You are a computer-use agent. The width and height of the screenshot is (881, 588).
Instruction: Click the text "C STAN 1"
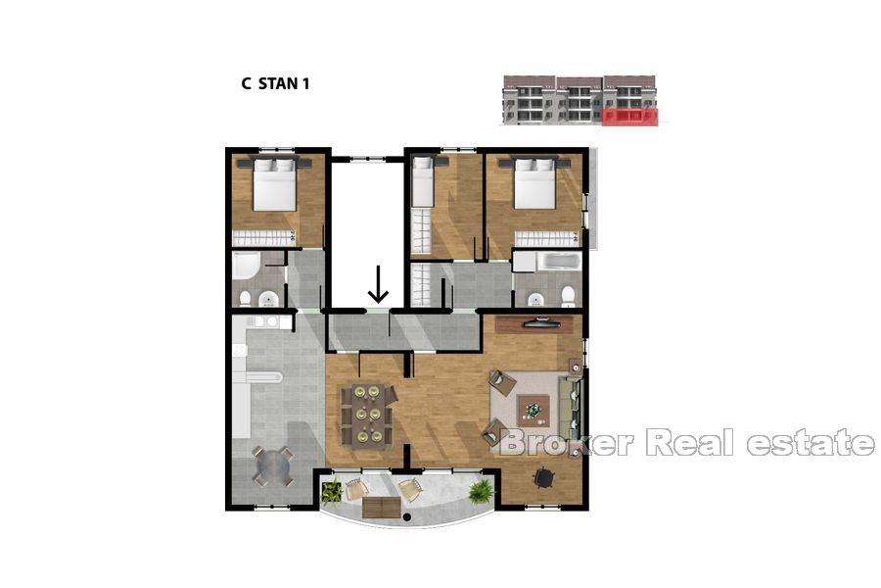(x=276, y=83)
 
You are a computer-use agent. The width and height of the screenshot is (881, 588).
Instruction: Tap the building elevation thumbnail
(x=580, y=100)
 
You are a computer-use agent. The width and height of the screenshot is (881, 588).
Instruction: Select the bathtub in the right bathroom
(x=546, y=263)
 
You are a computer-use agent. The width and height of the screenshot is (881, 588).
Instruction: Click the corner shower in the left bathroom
(x=246, y=266)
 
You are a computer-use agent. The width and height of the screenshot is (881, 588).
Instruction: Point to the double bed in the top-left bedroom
(x=275, y=184)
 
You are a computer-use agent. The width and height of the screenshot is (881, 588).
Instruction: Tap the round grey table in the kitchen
(x=272, y=464)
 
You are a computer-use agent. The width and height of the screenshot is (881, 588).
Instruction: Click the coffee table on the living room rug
(x=533, y=407)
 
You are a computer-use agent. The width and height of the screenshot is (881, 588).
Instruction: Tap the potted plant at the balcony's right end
(x=480, y=491)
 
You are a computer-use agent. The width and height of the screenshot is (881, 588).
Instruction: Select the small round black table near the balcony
(x=542, y=476)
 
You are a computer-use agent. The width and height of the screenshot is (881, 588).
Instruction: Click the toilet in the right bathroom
(x=567, y=295)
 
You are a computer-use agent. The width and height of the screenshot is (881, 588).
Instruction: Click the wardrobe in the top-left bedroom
(x=263, y=236)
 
